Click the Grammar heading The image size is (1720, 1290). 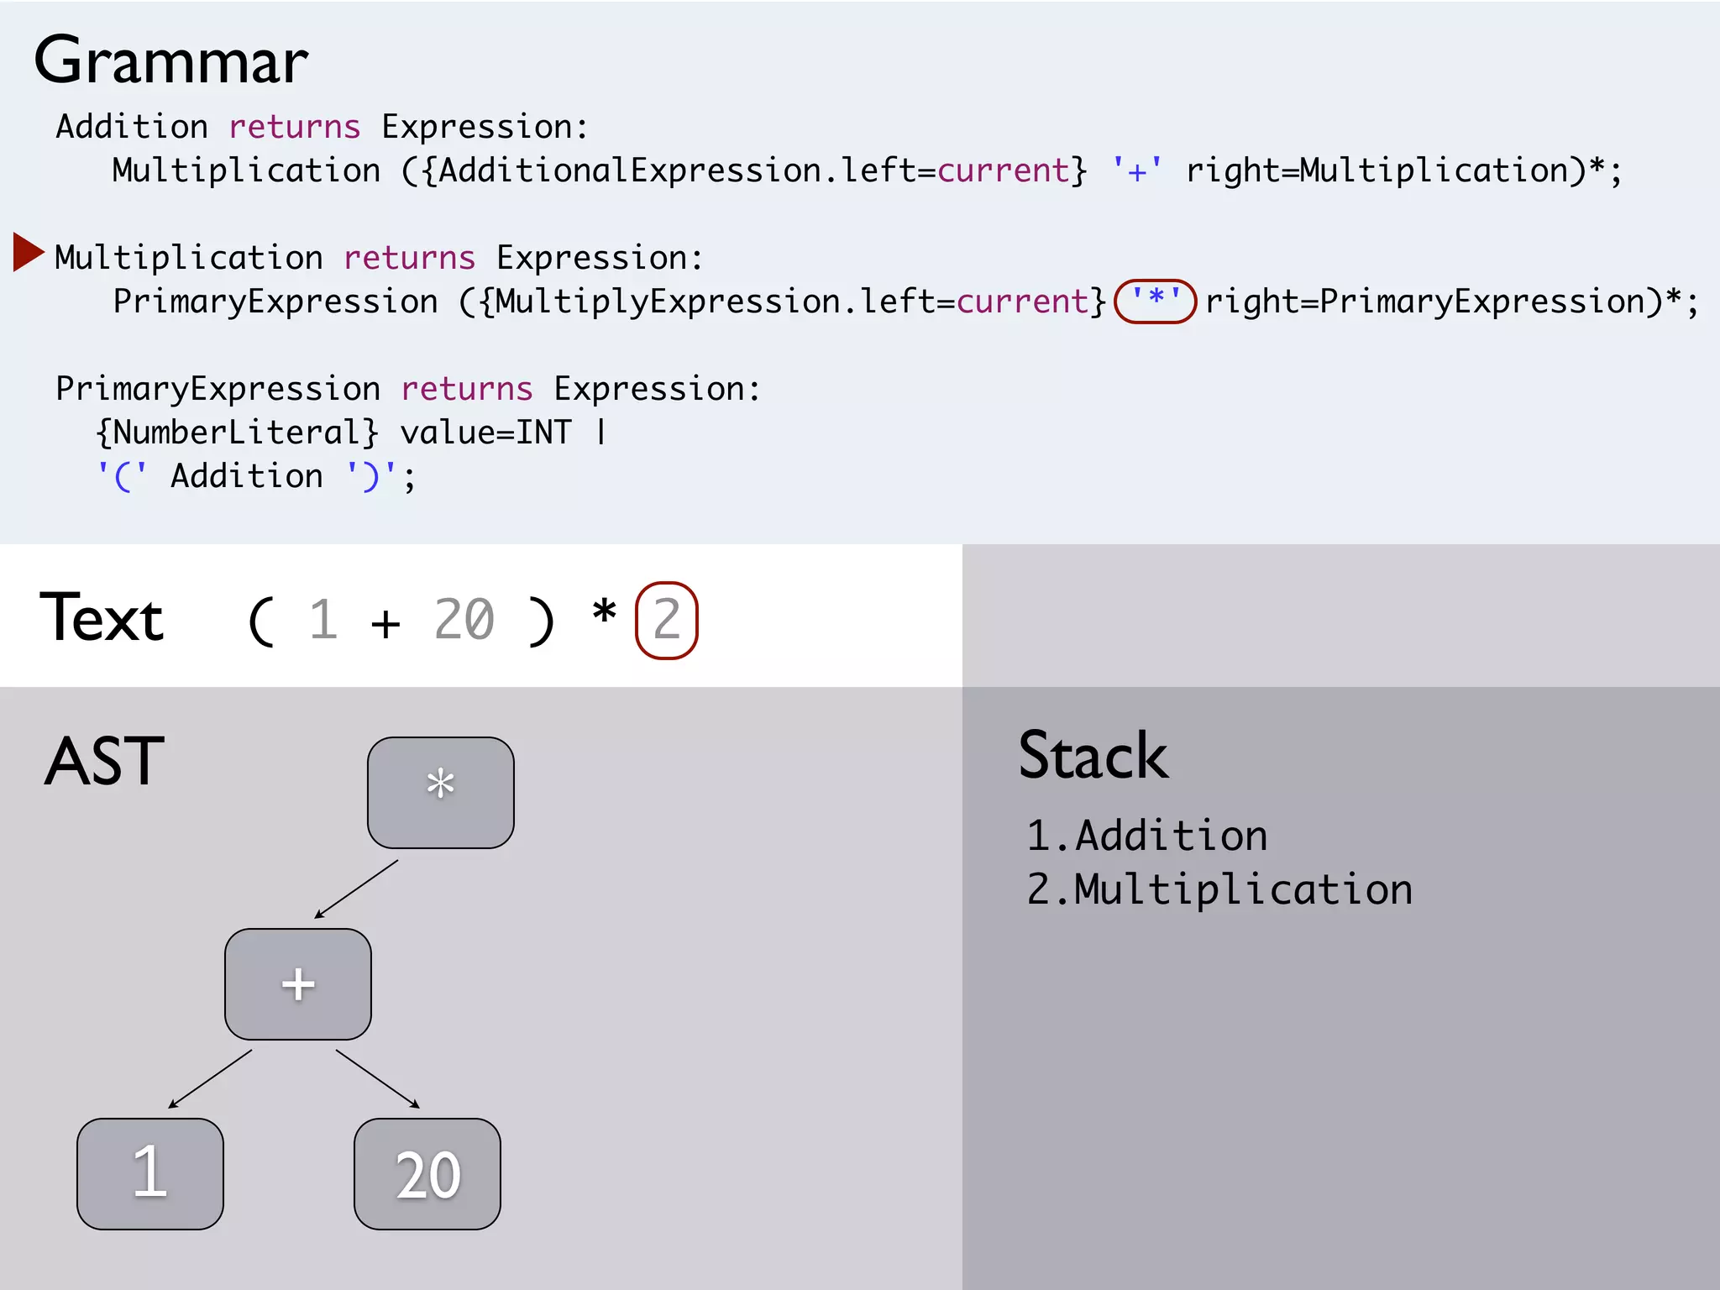point(171,61)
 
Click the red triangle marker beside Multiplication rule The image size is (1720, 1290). point(28,252)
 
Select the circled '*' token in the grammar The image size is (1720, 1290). point(1155,301)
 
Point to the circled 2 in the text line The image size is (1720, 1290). point(666,621)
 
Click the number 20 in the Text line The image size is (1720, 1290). point(464,621)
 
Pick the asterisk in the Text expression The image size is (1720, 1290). point(604,613)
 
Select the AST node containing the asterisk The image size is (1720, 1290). point(440,792)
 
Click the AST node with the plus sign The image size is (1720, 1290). point(297,983)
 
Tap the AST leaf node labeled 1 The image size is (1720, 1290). point(150,1173)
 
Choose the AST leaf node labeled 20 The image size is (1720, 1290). point(427,1173)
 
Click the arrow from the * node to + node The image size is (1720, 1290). point(356,889)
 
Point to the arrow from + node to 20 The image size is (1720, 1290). point(377,1078)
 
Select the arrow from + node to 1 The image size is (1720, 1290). point(210,1078)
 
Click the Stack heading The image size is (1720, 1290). point(1093,756)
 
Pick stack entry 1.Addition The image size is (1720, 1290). point(1146,836)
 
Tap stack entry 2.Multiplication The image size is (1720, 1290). point(1219,889)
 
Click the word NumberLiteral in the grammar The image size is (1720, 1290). point(237,433)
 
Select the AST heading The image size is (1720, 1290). point(104,761)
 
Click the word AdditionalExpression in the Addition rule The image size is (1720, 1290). point(630,171)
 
